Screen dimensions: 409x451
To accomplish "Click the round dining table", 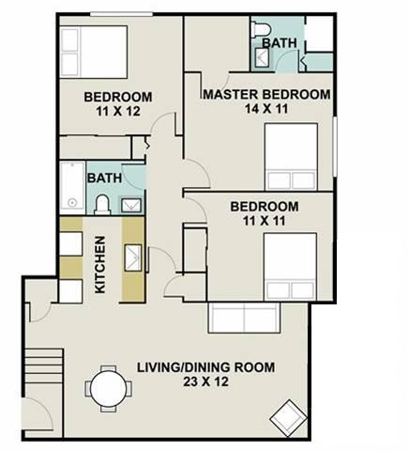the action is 108,389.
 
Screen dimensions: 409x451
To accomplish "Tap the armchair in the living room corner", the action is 288,418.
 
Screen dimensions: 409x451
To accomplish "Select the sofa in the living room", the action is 244,318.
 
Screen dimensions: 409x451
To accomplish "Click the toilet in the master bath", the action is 261,29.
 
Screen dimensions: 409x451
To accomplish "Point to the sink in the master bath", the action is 262,57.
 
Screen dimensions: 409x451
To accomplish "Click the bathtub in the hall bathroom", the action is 72,185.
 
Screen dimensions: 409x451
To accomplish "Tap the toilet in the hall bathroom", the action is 102,205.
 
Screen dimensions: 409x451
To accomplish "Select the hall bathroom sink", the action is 131,206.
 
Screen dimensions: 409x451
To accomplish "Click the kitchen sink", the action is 133,257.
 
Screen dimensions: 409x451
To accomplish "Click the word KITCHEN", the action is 100,265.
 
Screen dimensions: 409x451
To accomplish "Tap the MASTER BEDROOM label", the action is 266,94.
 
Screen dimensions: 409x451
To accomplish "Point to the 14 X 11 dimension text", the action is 266,109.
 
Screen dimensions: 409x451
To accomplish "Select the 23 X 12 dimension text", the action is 205,381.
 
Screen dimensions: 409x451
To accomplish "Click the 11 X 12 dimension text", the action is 118,111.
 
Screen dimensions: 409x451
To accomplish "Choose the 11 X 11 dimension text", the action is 265,221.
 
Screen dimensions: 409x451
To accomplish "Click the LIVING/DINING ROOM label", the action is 206,367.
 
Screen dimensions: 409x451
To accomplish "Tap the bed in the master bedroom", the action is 291,157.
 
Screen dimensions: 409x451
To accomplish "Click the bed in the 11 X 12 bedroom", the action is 94,52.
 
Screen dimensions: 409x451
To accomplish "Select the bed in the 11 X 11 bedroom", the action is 290,267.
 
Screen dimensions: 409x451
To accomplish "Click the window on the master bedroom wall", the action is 335,147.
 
